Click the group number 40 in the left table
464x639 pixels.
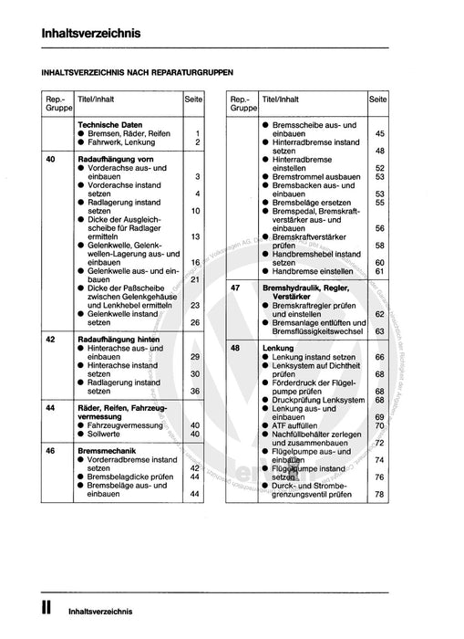click(50, 159)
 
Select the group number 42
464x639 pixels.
click(50, 338)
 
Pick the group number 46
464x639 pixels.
click(50, 450)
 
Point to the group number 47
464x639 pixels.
click(236, 287)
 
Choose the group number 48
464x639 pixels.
click(236, 347)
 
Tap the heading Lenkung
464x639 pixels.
click(279, 347)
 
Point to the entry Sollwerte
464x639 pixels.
click(108, 434)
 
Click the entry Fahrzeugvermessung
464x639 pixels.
click(127, 424)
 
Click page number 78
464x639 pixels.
click(379, 495)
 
